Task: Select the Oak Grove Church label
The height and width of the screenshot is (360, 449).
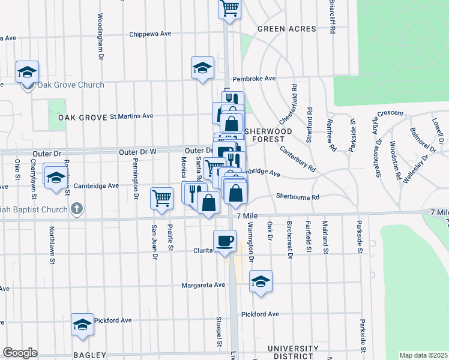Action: click(71, 85)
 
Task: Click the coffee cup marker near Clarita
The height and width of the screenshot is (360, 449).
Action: click(224, 241)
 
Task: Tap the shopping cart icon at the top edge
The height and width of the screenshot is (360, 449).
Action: click(230, 8)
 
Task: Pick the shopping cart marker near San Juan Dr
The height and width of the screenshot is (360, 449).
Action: click(161, 197)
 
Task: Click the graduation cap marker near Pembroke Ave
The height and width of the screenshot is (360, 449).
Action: click(203, 68)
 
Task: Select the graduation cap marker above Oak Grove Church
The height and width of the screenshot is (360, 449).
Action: click(27, 72)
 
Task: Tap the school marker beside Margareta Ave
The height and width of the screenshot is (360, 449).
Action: click(261, 281)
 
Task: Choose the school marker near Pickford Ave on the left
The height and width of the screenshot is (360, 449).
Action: click(82, 325)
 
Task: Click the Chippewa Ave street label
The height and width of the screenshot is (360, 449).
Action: click(151, 34)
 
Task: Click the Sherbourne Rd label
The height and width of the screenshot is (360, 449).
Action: click(298, 196)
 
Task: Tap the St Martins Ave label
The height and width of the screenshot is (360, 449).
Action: click(131, 116)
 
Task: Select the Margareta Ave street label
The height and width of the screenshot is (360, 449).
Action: click(203, 285)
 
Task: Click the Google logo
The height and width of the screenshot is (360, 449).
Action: click(20, 352)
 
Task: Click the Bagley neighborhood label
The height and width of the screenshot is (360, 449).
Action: click(89, 355)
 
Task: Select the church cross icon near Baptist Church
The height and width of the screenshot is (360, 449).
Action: click(76, 209)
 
